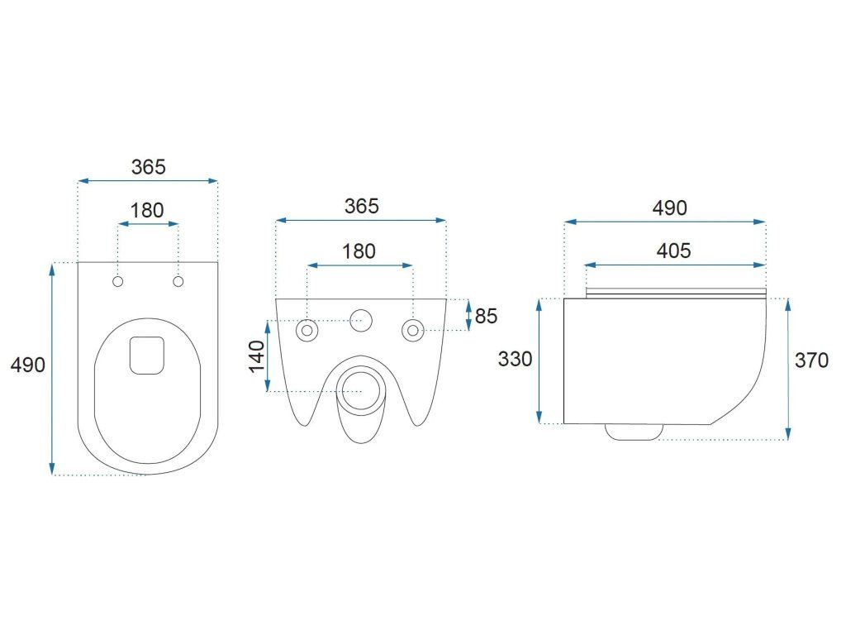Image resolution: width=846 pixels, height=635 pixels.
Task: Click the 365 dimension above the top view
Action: click(149, 166)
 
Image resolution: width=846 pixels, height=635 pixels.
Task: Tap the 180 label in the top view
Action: click(148, 210)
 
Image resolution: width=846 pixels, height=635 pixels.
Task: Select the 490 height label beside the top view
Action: click(28, 365)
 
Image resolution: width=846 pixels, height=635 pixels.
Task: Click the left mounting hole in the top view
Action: click(117, 283)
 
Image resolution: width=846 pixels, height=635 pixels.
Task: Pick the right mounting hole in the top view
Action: click(178, 283)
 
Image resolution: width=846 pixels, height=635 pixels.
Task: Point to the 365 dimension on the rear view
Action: click(362, 206)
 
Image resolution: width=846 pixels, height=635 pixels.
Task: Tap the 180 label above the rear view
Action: click(359, 251)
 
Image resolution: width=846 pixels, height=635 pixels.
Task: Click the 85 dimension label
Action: click(487, 316)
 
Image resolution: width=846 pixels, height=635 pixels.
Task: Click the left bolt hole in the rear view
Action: click(307, 331)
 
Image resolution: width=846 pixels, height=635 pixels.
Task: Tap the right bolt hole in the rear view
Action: click(411, 331)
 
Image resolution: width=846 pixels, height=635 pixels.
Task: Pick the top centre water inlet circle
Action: click(360, 320)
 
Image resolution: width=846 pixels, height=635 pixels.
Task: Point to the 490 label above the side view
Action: click(669, 208)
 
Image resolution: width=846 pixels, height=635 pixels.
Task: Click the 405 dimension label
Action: click(674, 251)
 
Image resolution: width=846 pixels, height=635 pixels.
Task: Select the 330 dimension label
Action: click(514, 359)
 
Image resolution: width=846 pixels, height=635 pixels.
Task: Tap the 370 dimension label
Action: click(811, 360)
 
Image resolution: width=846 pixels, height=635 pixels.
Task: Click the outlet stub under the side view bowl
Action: click(634, 431)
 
